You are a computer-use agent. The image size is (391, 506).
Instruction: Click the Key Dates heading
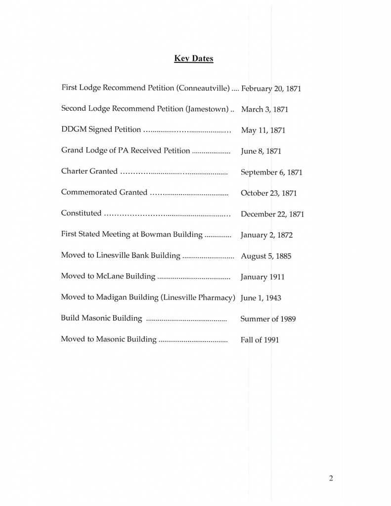193,59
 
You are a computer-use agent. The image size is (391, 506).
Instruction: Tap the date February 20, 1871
271,89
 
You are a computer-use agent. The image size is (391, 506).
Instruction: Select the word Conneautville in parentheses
203,88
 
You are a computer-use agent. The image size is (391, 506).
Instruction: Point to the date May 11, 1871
263,130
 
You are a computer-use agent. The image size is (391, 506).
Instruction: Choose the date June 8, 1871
261,152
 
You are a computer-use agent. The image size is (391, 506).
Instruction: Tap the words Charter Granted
89,171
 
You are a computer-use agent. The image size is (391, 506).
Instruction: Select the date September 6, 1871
271,172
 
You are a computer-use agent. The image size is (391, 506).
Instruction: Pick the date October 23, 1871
268,193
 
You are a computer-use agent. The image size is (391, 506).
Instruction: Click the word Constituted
81,213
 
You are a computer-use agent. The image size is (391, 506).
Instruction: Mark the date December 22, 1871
272,214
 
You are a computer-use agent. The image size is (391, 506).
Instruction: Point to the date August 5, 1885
266,256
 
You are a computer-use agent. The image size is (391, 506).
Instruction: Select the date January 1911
262,277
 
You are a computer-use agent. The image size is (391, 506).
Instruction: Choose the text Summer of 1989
268,319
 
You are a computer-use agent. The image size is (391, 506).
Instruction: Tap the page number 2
331,478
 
